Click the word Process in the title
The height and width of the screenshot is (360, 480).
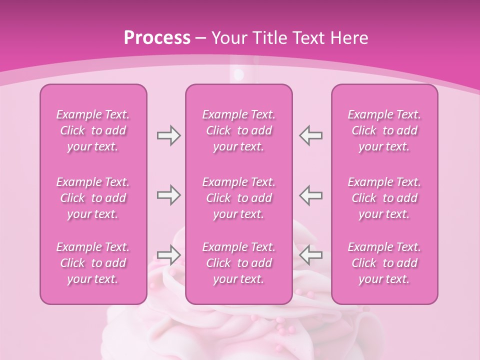157,38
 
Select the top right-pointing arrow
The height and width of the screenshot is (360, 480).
168,135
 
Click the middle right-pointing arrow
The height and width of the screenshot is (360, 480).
168,195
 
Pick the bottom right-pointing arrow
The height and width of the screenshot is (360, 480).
168,255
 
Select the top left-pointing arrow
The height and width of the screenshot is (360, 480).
310,135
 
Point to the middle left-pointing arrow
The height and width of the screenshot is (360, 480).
310,195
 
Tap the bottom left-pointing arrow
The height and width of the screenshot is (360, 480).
310,255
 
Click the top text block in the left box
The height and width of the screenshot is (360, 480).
93,130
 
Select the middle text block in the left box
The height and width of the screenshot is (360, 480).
93,198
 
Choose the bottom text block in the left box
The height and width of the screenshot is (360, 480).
93,263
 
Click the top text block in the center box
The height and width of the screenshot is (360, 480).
239,130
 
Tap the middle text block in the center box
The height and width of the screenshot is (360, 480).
239,198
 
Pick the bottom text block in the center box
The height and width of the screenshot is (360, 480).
239,263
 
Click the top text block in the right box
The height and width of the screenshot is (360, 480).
384,130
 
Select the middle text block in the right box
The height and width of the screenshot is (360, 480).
384,198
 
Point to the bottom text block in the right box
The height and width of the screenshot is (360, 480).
384,263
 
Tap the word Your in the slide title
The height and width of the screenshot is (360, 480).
227,38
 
